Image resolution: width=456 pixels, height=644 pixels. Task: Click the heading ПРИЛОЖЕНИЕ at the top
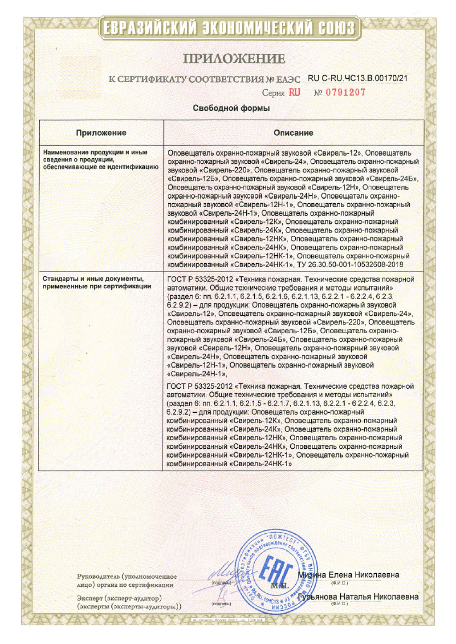coord(234,59)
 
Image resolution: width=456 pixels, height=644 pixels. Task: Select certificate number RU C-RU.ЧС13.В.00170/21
coord(357,78)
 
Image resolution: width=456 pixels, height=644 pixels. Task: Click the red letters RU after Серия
coord(294,93)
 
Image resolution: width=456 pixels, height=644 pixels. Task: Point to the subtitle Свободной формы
coord(231,108)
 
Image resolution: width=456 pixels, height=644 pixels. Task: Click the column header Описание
coord(293,133)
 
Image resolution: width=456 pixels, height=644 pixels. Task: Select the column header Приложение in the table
coord(101,133)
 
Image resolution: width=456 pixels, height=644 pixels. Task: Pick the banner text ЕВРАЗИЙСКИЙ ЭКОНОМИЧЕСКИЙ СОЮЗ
coord(229,28)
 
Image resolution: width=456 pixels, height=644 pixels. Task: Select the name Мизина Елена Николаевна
coord(348,575)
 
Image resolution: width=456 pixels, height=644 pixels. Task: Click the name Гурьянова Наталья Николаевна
coord(358,596)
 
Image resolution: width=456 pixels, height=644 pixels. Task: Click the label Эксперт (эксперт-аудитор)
coord(119,598)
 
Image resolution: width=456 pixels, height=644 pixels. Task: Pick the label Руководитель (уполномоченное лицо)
coord(126,580)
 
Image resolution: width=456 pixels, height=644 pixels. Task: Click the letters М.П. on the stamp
coord(279,586)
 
